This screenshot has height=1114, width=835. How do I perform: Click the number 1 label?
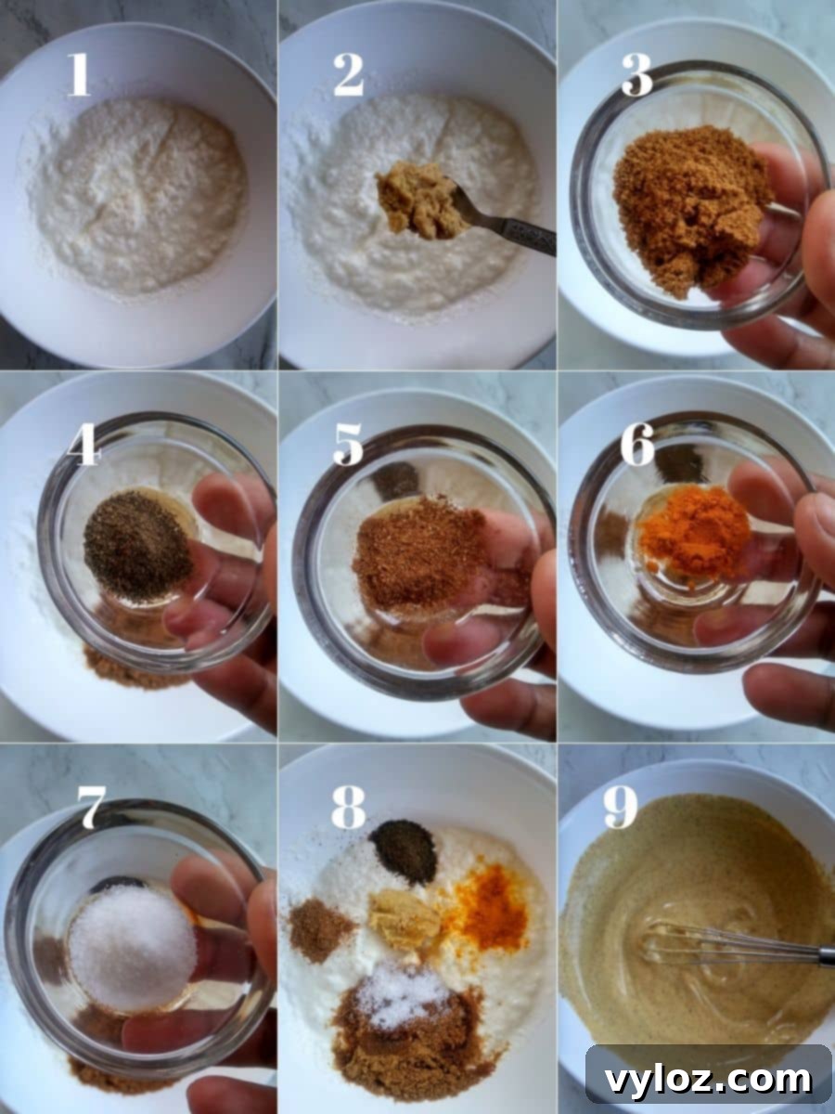click(x=79, y=75)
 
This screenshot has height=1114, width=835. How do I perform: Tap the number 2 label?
click(x=348, y=75)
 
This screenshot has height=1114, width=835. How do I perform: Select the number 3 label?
click(x=636, y=75)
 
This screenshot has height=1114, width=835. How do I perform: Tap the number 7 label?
click(x=90, y=809)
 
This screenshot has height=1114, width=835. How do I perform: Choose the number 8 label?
click(x=348, y=809)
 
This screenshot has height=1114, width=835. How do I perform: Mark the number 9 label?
click(x=620, y=809)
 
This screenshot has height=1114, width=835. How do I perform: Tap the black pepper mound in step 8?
click(x=404, y=849)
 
